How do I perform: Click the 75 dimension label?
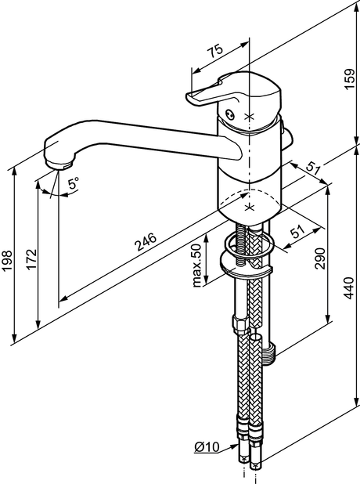(214, 51)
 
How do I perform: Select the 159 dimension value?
(349, 79)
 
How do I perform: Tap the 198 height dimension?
(7, 261)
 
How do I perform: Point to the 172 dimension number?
(31, 259)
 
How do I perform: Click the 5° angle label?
(74, 183)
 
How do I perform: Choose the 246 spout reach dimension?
(146, 242)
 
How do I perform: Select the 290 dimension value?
(320, 258)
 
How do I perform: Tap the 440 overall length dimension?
(349, 288)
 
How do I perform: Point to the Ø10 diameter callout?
(207, 446)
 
